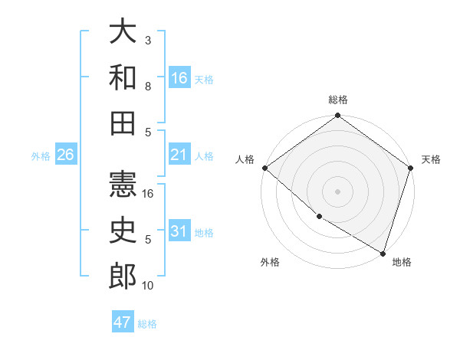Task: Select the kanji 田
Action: (123, 123)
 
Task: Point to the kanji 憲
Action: (123, 184)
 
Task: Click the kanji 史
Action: (123, 231)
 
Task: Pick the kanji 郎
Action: (123, 277)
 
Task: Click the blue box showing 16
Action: (179, 78)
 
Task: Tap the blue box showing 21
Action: (179, 155)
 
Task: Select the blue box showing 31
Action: (179, 232)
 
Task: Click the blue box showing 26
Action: (65, 155)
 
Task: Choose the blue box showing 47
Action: (122, 322)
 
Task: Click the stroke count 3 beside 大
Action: (148, 40)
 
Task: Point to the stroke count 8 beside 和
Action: (148, 87)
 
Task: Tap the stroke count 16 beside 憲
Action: (149, 194)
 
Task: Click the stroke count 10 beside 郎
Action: (149, 286)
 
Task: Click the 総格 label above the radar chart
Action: (338, 100)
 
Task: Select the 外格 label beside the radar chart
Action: (270, 262)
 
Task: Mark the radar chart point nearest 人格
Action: (264, 168)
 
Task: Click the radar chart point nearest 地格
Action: (381, 252)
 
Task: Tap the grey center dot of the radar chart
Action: (338, 191)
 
